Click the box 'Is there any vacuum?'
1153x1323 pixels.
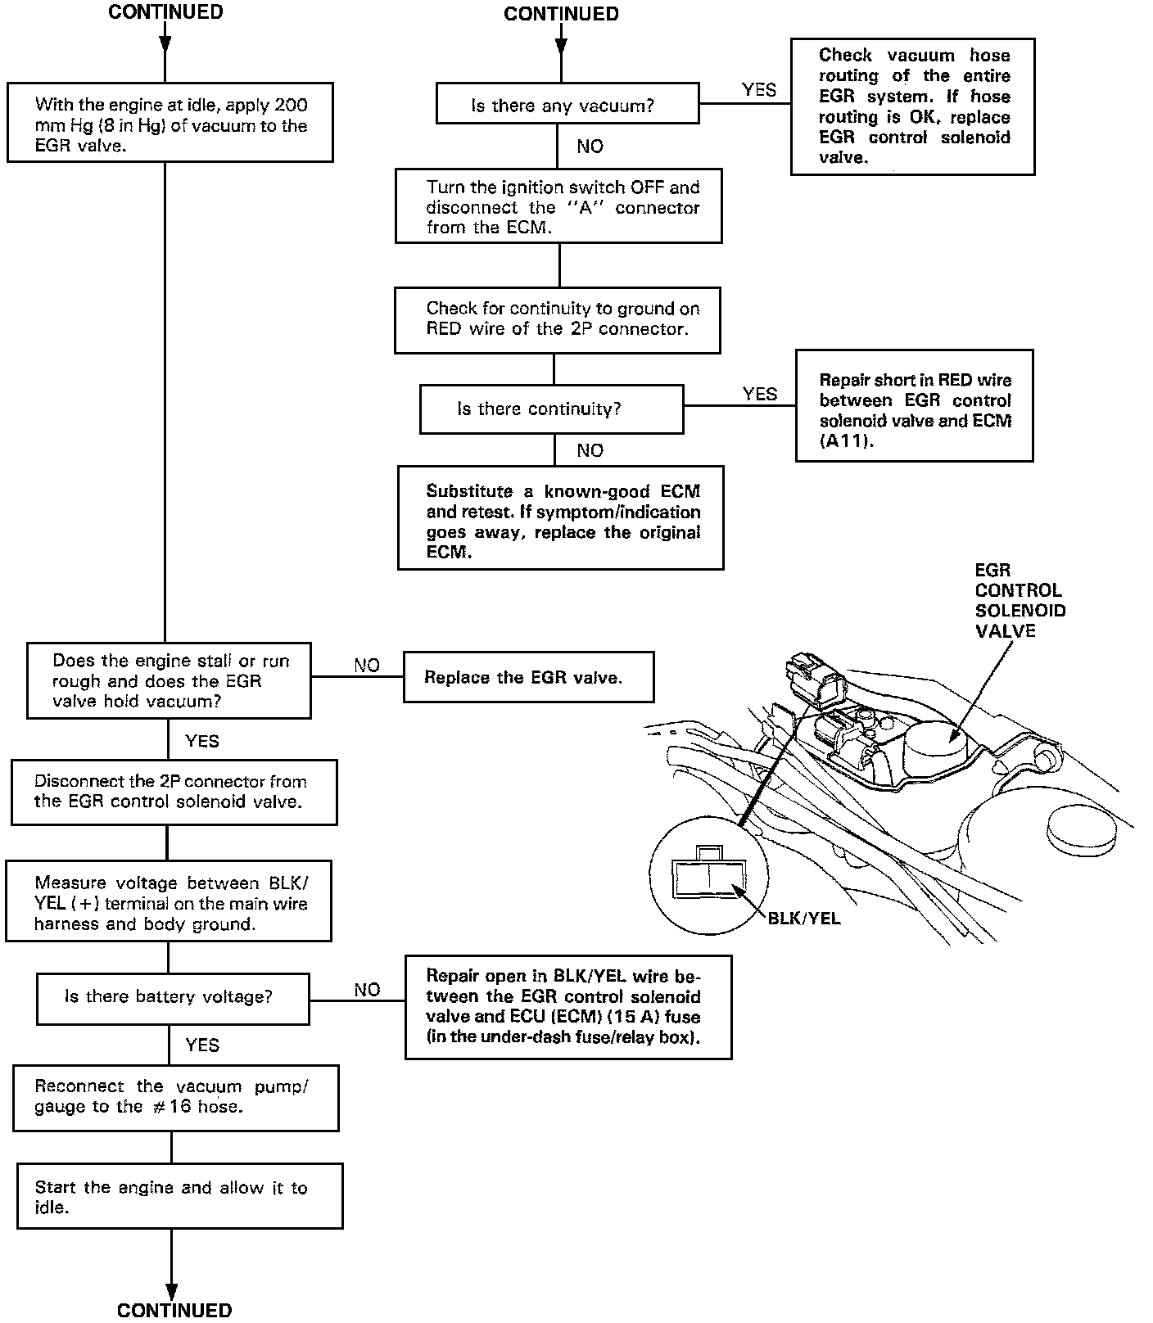point(567,104)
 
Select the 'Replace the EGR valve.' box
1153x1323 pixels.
point(528,677)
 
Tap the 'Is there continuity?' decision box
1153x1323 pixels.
point(551,409)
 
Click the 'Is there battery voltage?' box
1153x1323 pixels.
point(173,998)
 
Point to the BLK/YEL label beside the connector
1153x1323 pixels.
point(804,919)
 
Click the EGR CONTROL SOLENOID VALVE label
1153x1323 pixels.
point(1020,600)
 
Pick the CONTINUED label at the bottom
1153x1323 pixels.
point(174,1310)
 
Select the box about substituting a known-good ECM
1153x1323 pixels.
point(561,517)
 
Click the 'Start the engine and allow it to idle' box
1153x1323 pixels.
point(179,1196)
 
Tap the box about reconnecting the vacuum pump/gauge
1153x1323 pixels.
point(175,1097)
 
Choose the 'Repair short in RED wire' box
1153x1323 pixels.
point(914,405)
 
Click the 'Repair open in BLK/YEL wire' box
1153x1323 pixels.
point(567,1007)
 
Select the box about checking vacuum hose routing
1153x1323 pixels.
point(912,106)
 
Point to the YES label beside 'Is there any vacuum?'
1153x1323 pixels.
point(759,90)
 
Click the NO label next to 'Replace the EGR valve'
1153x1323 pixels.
point(367,665)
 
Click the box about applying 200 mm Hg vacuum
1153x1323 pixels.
point(170,122)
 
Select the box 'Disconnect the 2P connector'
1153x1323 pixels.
point(174,792)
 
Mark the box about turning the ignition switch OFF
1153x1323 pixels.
point(558,206)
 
